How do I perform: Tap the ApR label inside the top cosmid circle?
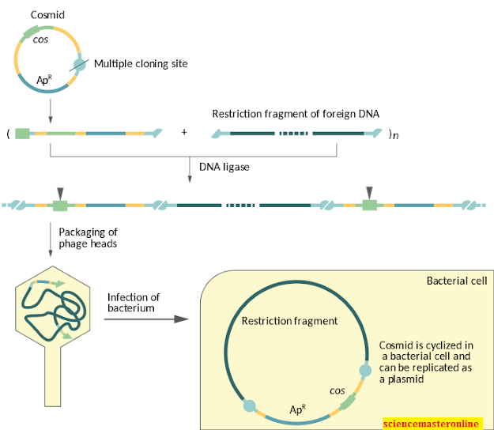[46, 80]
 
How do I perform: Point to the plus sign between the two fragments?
[184, 132]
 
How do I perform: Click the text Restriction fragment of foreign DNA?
[296, 113]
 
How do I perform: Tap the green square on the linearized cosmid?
[22, 133]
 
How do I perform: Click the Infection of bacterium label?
[134, 301]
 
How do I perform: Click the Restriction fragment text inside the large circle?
[289, 321]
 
